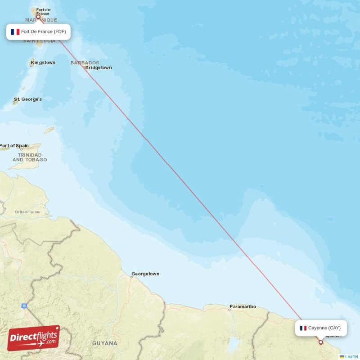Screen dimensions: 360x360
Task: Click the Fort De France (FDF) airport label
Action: click(38, 31)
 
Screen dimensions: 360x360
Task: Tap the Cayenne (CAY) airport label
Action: click(321, 328)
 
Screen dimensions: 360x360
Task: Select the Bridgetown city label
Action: click(99, 68)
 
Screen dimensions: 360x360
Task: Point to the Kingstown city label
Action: click(43, 63)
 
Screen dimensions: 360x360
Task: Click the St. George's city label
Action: click(28, 99)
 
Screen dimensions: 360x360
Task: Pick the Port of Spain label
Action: click(14, 146)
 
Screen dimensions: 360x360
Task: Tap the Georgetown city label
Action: click(145, 274)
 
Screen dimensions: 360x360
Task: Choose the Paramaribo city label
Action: click(243, 306)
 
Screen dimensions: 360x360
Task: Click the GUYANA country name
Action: click(105, 343)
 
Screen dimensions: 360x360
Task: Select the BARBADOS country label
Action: click(85, 63)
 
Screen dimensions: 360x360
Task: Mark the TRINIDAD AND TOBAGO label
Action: click(30, 157)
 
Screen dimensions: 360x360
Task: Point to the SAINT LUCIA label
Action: click(40, 41)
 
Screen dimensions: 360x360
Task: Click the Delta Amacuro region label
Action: click(27, 211)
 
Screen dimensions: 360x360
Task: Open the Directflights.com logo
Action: click(34, 338)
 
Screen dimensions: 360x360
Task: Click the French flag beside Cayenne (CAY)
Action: click(303, 328)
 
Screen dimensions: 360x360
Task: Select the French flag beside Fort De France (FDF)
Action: click(15, 31)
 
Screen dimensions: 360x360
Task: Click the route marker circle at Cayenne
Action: click(321, 342)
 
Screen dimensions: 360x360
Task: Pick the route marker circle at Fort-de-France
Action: click(44, 17)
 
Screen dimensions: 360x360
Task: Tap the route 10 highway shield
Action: click(24, 306)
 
